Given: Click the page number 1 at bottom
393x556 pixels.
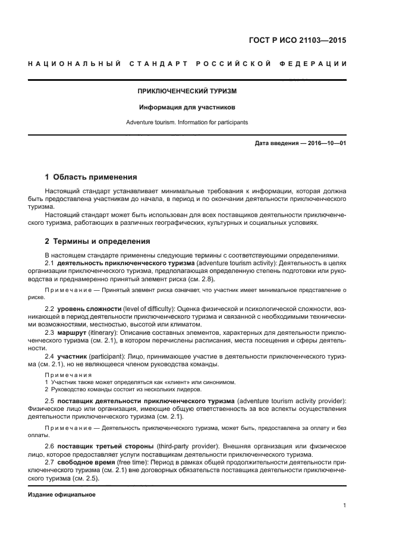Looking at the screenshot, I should click(x=344, y=506).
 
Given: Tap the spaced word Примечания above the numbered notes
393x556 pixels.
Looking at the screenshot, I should click(x=68, y=375).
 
